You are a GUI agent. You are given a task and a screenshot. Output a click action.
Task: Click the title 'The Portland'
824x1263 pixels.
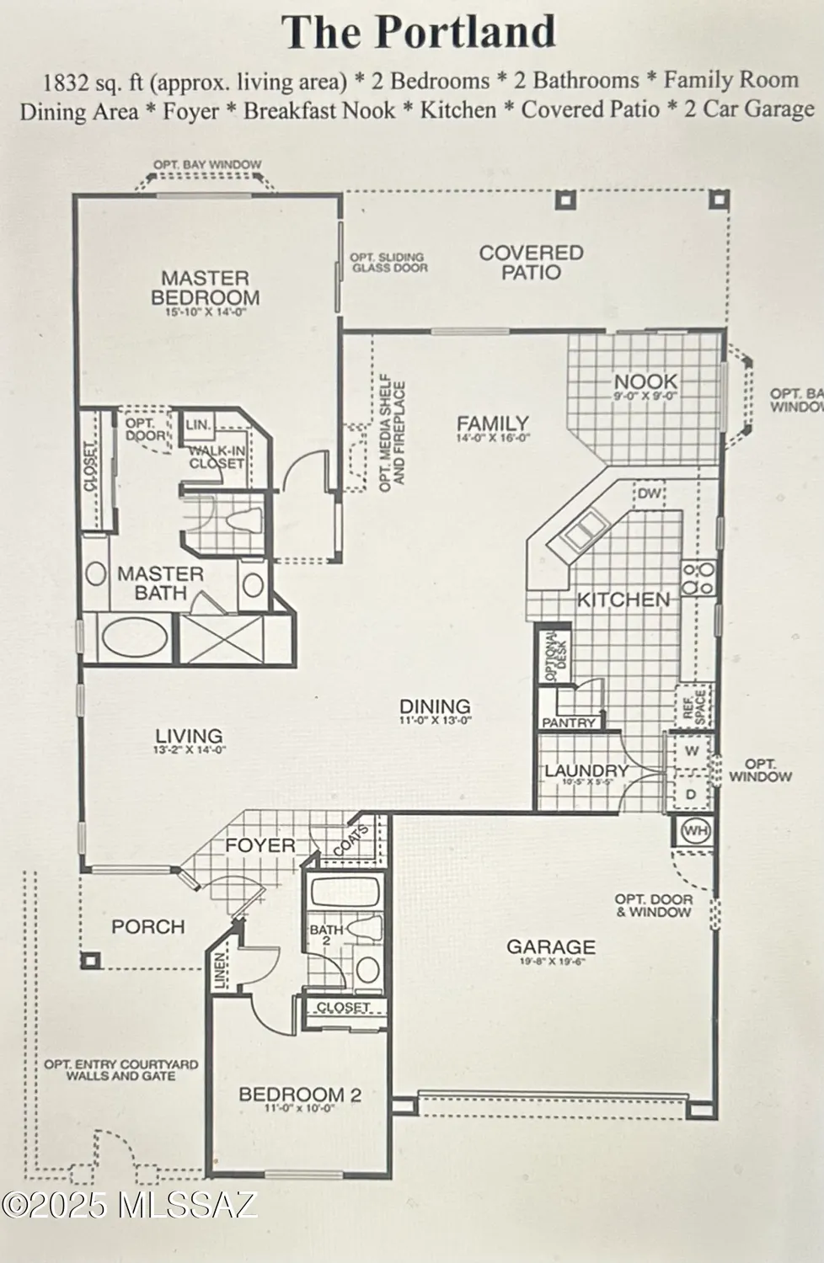(419, 32)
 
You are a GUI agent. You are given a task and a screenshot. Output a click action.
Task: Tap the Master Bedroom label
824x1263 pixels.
(205, 287)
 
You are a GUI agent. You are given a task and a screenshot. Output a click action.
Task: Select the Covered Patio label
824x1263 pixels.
(531, 262)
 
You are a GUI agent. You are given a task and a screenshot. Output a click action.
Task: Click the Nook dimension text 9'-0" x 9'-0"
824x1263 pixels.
(645, 397)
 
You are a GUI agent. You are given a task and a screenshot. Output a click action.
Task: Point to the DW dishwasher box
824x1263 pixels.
(649, 493)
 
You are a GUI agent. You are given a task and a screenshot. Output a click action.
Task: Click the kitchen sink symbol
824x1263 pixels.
(586, 530)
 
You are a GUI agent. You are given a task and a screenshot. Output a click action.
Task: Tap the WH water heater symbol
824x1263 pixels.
(695, 831)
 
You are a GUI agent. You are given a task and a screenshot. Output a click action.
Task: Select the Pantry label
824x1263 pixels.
(569, 722)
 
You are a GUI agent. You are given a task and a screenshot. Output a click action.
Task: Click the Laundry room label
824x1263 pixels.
(586, 770)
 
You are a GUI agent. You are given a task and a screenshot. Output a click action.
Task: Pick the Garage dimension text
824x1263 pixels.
(550, 961)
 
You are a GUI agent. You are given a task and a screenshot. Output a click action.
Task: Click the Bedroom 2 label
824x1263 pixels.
(300, 1095)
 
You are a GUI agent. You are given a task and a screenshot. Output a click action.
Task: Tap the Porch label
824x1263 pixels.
(148, 926)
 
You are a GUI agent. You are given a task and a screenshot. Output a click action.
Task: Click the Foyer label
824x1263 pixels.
(260, 845)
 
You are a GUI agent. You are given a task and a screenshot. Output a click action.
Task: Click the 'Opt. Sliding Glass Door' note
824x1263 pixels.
(389, 263)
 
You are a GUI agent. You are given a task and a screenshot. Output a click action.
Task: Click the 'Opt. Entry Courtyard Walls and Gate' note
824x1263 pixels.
(121, 1069)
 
